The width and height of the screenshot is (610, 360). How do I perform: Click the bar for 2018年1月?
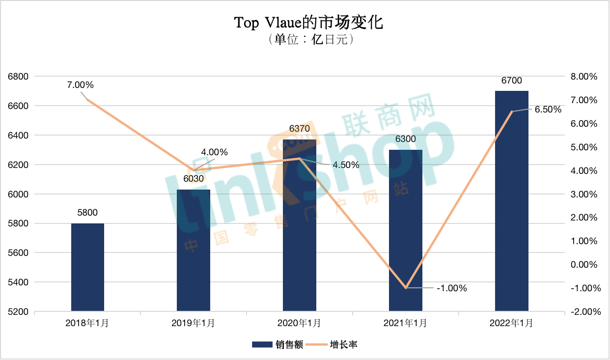[87, 267]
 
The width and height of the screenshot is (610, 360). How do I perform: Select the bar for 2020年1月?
[300, 225]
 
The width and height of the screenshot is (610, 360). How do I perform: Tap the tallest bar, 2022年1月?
[512, 201]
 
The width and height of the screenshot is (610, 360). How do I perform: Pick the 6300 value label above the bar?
[406, 139]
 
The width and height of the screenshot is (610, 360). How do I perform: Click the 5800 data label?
[87, 213]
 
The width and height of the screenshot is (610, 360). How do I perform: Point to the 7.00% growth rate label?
[81, 85]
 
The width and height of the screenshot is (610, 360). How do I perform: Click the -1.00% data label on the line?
[451, 288]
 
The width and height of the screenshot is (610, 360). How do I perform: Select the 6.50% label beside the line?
[548, 110]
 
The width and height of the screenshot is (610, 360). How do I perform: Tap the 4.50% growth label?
[346, 165]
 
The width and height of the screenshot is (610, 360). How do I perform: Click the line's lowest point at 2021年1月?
[406, 288]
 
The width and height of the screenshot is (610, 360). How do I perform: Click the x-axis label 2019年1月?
[194, 324]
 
